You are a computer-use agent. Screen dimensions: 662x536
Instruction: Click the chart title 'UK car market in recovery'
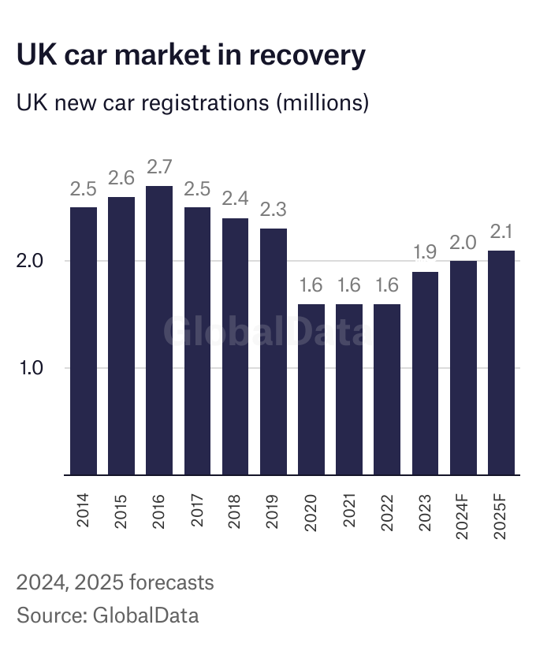click(191, 56)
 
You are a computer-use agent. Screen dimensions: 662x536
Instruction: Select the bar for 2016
click(159, 331)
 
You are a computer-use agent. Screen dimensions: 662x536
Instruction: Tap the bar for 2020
click(311, 390)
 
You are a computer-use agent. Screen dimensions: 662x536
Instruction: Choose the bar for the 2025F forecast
click(501, 363)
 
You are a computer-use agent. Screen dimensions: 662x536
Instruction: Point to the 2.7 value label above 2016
click(159, 168)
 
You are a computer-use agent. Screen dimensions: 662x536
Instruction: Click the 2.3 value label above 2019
click(274, 211)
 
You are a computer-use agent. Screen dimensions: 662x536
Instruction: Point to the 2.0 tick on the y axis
click(34, 261)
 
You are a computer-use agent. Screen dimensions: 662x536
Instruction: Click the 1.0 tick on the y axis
click(34, 368)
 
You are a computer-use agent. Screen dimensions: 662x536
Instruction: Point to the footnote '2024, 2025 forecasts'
click(115, 583)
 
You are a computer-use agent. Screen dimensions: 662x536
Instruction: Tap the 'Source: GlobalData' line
click(107, 616)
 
